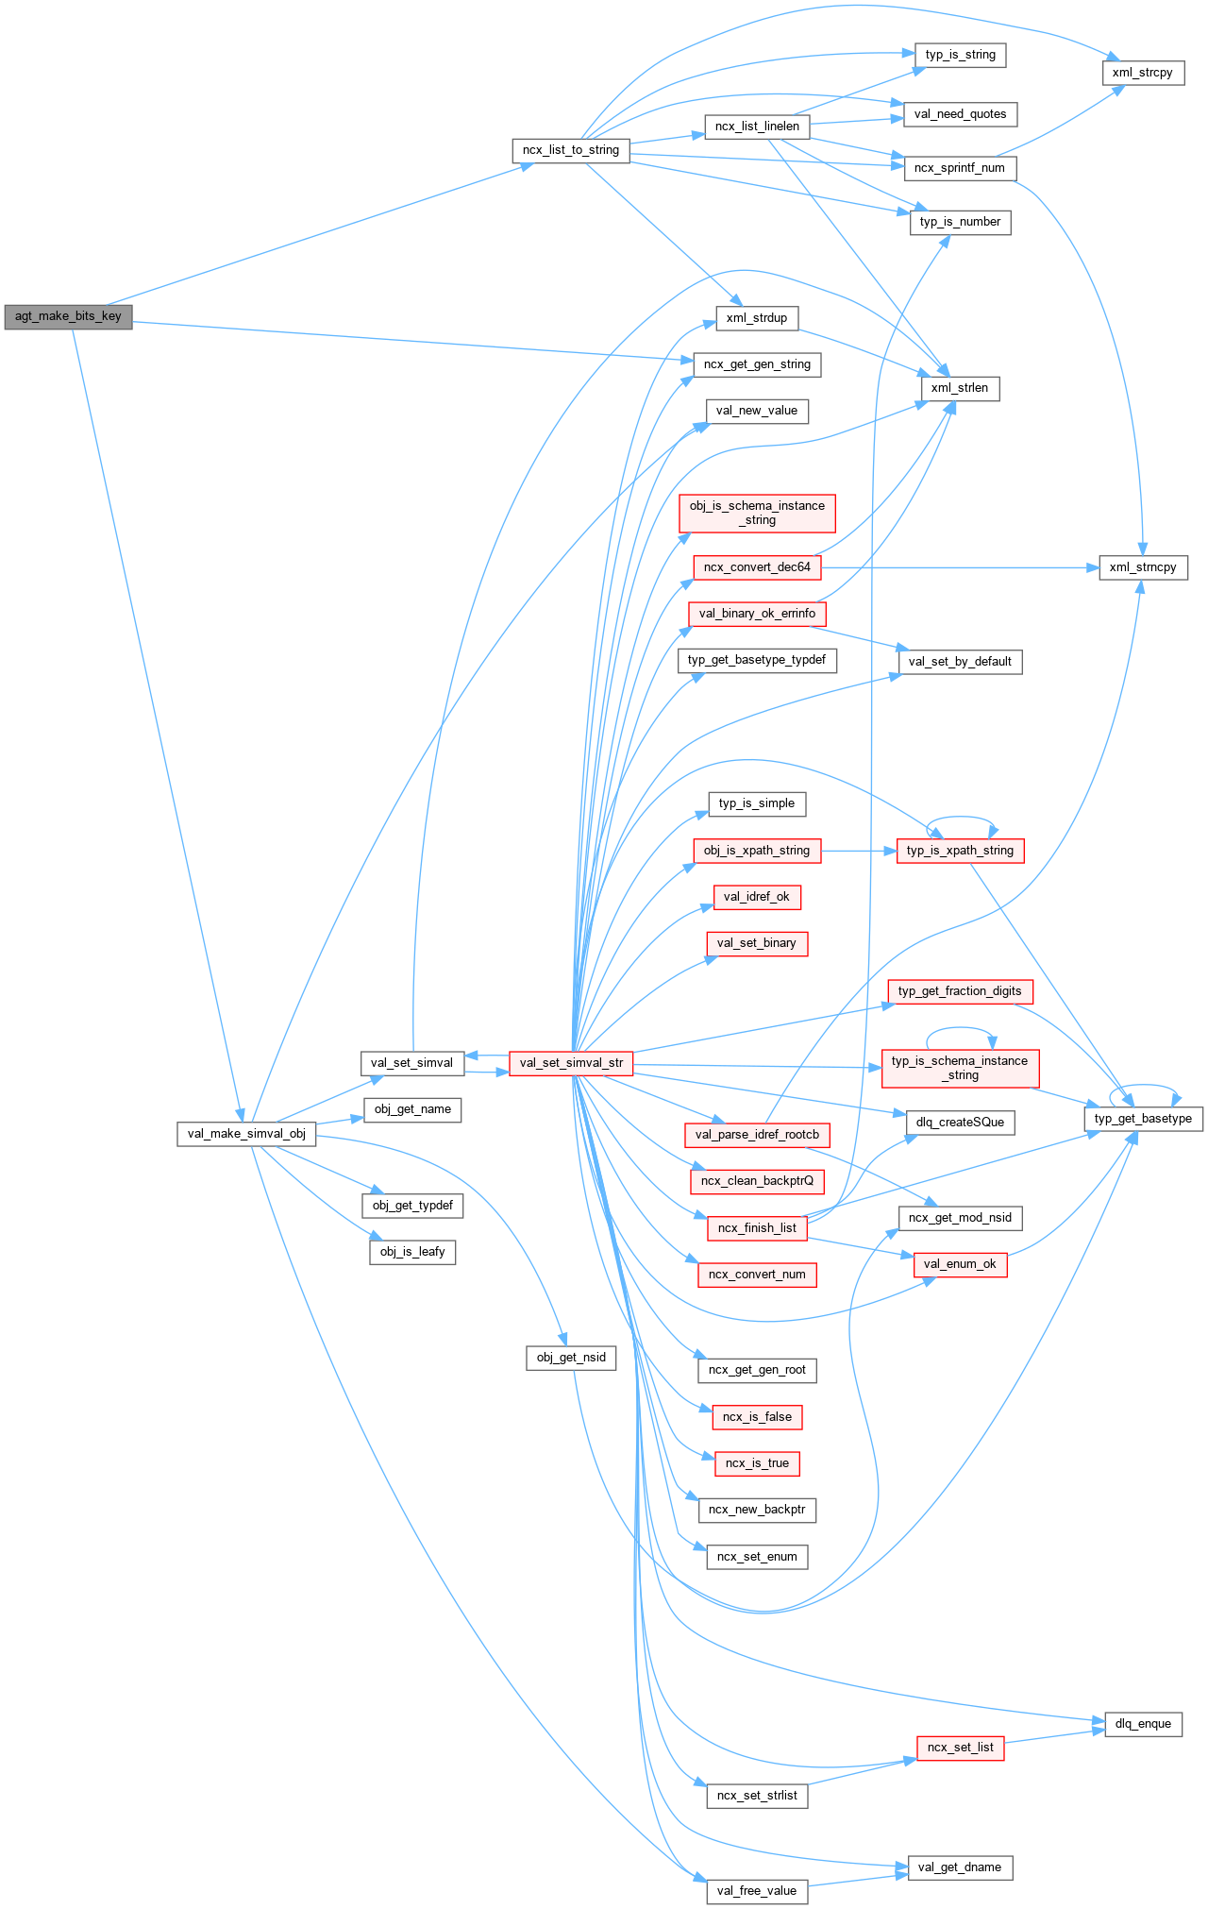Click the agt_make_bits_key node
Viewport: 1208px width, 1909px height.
tap(68, 316)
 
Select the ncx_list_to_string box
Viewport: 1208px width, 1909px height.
tap(571, 150)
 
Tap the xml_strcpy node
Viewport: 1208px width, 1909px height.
tap(1142, 73)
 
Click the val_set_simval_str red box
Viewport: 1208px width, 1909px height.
tap(571, 1063)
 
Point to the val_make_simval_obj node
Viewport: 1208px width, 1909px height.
tap(246, 1134)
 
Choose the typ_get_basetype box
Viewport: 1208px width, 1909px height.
tap(1143, 1119)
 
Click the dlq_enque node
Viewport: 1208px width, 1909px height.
tap(1143, 1724)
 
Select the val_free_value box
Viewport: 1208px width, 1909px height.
tap(757, 1891)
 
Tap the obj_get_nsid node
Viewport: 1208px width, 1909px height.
tap(571, 1358)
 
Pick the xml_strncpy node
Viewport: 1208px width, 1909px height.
tap(1143, 567)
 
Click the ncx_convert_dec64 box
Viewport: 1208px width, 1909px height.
tap(757, 567)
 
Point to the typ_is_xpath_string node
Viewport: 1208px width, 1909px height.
tap(960, 851)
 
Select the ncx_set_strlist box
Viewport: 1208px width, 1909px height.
tap(757, 1796)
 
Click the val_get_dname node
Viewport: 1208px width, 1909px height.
tap(960, 1867)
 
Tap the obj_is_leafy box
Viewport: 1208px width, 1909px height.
tap(412, 1252)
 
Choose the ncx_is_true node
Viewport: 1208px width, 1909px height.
tap(757, 1463)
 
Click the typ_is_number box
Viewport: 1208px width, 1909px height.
tap(960, 222)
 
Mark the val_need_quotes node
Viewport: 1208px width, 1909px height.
tap(960, 114)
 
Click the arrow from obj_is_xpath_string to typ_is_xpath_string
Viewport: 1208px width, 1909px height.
tap(858, 851)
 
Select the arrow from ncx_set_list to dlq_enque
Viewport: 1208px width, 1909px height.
tap(1054, 1736)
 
